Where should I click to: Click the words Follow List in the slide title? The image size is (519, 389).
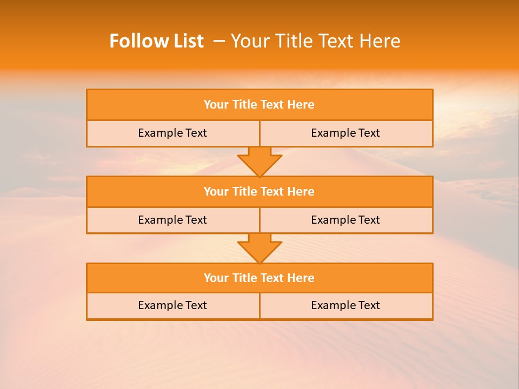pos(156,41)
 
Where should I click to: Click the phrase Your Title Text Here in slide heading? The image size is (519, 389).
pos(316,41)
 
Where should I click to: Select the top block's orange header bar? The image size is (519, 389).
pos(259,105)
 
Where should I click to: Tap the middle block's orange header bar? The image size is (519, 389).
pos(259,191)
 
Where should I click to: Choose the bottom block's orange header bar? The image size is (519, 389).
pos(259,278)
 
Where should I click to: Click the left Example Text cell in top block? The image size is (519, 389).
pos(172,133)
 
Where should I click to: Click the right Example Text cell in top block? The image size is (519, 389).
pos(345,133)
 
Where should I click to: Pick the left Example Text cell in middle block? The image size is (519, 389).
pos(172,220)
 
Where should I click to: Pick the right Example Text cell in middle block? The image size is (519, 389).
pos(345,220)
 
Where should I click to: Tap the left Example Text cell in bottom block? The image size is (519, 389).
pos(172,305)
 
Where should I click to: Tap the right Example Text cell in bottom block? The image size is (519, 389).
pos(345,305)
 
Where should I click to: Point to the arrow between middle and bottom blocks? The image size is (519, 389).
pos(259,248)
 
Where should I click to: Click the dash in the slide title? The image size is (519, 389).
pos(219,41)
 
